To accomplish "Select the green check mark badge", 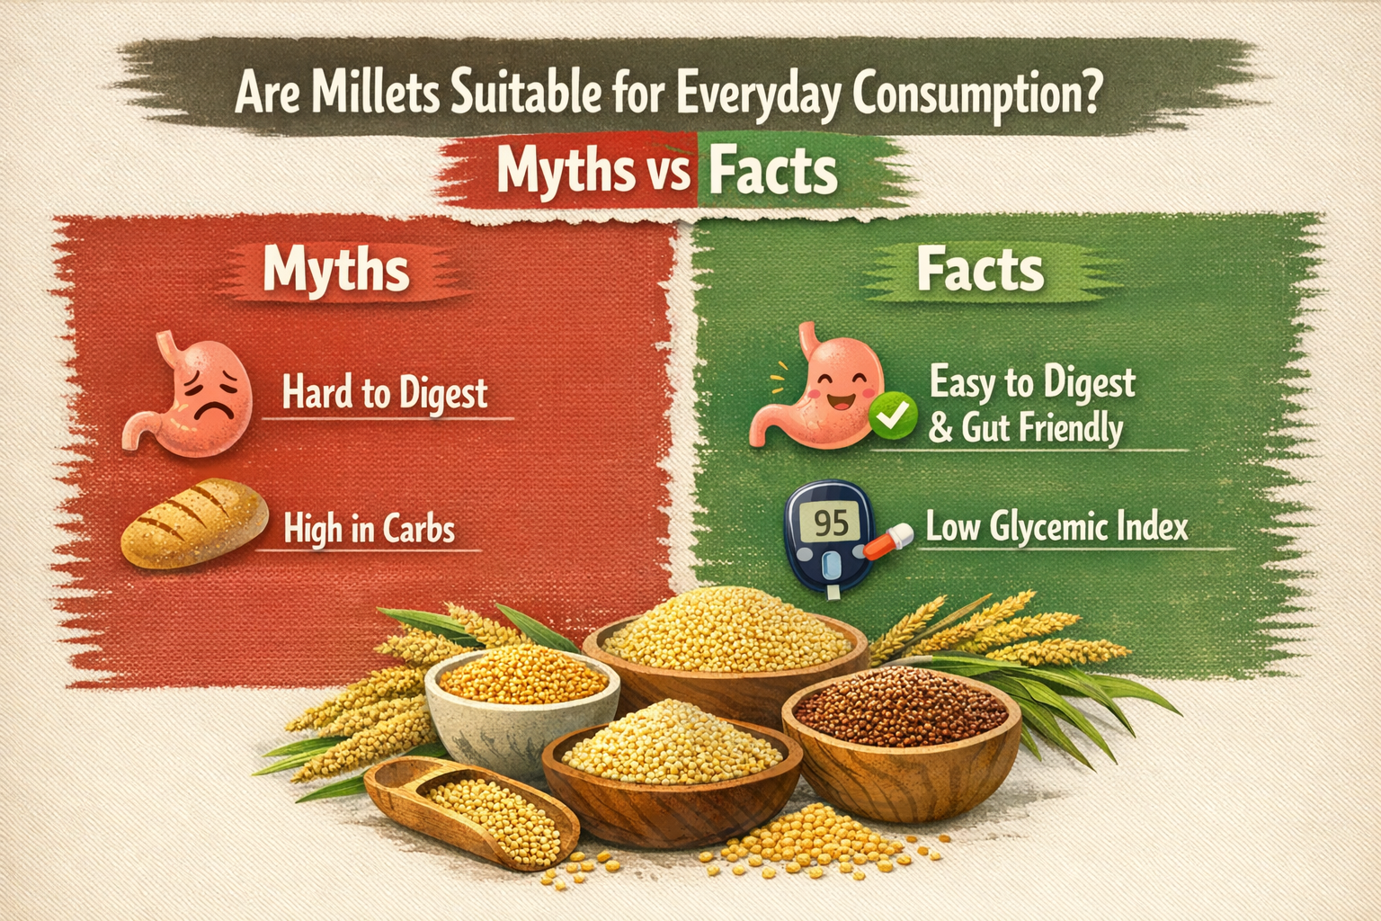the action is [892, 416].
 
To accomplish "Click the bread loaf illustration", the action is [194, 523].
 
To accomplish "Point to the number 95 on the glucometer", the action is [831, 523].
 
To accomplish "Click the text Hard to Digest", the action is [385, 392].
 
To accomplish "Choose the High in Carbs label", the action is [369, 529].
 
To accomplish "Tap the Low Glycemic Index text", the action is [1056, 527].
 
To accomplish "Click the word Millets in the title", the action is [376, 92].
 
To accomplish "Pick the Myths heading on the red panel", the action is [336, 270].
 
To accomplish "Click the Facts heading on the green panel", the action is [980, 269].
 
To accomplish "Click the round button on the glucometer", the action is [832, 566].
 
